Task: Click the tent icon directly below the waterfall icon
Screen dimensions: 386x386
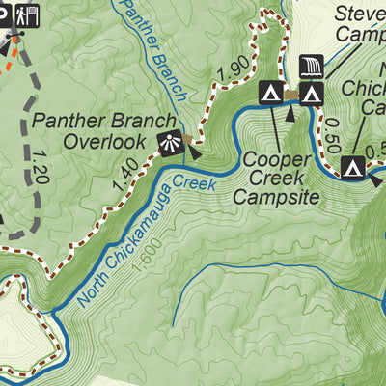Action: tap(311, 93)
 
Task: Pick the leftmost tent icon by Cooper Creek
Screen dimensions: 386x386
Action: tap(271, 93)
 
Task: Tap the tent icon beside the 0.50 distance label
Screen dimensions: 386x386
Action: tap(353, 168)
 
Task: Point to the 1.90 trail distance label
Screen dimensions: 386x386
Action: tap(233, 69)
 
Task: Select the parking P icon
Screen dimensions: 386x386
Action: tap(4, 14)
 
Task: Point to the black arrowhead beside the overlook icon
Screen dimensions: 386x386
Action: tap(192, 151)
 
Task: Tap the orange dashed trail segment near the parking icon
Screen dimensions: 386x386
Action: tap(8, 54)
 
